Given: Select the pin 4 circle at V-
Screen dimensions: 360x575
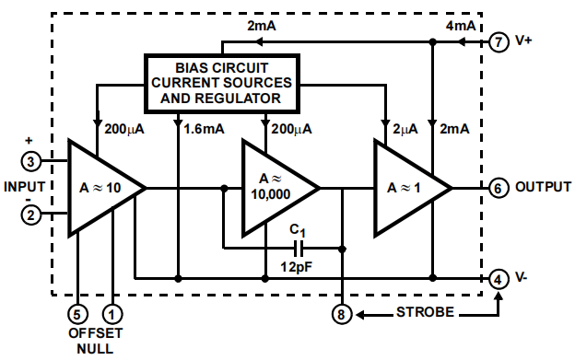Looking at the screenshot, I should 499,277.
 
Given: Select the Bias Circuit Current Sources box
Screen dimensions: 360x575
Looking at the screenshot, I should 220,81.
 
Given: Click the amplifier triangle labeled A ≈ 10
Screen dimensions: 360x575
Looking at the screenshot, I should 99,188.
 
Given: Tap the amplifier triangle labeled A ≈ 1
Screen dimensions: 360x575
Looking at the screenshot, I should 403,188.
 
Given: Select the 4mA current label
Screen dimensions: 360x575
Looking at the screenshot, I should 461,26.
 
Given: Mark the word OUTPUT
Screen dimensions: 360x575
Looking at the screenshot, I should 543,187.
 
